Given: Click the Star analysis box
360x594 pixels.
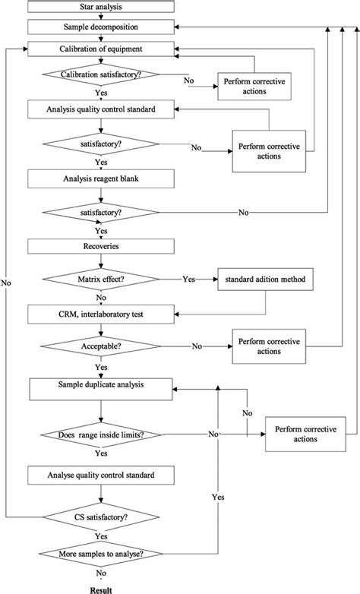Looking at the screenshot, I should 100,8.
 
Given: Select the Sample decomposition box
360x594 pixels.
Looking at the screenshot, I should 100,27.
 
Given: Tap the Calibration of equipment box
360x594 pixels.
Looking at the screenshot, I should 100,49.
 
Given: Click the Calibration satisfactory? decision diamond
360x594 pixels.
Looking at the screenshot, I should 100,74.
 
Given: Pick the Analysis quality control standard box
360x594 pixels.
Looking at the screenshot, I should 100,109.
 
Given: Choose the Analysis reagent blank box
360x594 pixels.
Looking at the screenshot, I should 100,179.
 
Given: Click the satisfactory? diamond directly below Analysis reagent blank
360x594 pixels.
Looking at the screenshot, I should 100,213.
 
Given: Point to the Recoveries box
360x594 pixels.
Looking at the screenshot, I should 100,247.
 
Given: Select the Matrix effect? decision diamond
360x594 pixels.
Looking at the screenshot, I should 100,279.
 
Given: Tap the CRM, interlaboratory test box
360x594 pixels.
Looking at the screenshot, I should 100,313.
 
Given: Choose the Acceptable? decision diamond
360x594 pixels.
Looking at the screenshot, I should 100,346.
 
